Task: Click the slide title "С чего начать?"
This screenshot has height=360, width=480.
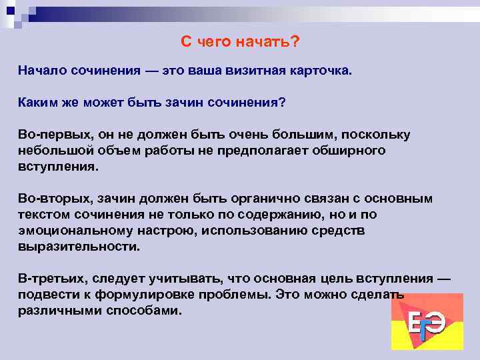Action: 240,42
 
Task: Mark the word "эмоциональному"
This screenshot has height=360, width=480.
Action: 72,230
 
